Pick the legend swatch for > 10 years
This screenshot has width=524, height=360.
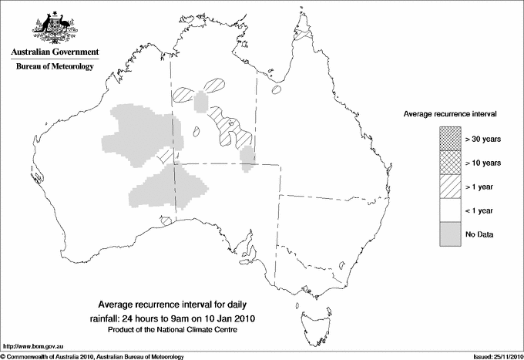pyautogui.click(x=449, y=162)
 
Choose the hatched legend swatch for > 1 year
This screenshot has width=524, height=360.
pyautogui.click(x=449, y=186)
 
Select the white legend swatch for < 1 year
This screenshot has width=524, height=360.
pyautogui.click(x=449, y=210)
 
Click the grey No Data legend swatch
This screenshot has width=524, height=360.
pyautogui.click(x=449, y=234)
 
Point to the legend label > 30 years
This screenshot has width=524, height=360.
pyautogui.click(x=482, y=139)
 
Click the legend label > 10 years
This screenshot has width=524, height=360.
pyautogui.click(x=482, y=163)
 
